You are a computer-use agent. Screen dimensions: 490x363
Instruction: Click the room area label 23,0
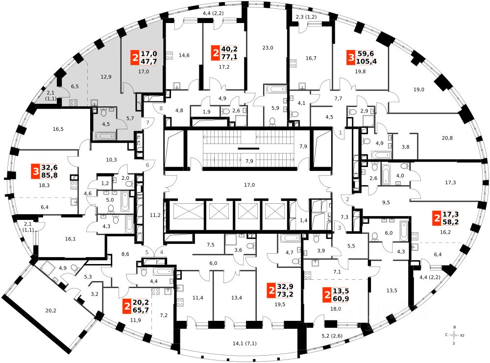click(268, 48)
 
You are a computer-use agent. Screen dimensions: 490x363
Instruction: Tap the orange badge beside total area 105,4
click(351, 57)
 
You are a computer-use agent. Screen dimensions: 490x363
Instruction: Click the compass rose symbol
click(454, 335)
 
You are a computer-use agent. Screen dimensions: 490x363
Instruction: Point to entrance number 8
click(161, 108)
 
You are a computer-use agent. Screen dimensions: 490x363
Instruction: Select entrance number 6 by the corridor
click(148, 165)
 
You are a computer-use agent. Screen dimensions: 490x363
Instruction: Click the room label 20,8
click(447, 138)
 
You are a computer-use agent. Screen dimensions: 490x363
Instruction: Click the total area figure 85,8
click(49, 175)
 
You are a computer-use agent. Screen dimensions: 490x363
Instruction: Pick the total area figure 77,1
click(229, 57)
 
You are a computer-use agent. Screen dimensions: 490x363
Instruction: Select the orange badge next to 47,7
click(135, 57)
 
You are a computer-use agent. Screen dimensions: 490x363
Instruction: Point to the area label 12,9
click(106, 76)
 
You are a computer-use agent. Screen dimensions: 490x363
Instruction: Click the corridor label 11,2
click(155, 215)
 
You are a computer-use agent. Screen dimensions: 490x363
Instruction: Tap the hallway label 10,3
click(111, 160)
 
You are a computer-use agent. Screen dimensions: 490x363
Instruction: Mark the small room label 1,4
click(303, 220)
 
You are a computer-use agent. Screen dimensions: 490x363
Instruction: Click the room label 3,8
click(405, 147)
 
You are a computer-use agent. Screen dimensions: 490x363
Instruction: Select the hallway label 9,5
click(386, 202)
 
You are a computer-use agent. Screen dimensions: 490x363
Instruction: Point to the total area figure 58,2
click(450, 222)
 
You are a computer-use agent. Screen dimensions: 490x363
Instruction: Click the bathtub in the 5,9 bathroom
click(275, 89)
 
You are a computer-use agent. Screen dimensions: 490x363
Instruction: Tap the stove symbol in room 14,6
click(169, 56)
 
